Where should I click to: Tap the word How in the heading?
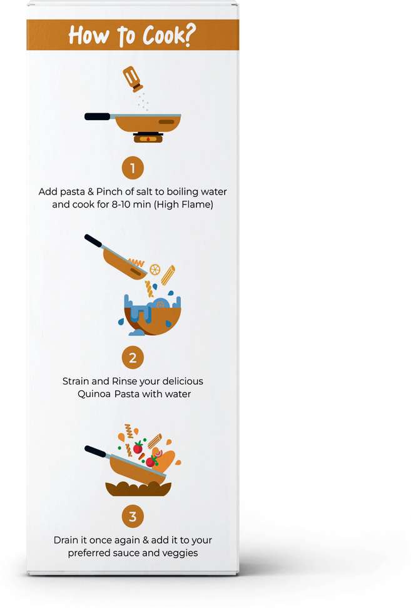coord(88,36)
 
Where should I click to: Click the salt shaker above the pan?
coord(133,79)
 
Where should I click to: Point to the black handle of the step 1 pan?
coord(98,116)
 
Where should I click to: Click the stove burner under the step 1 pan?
coord(148,138)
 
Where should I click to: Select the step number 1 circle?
coord(133,168)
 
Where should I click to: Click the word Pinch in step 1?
coord(109,191)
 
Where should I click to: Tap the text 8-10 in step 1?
coord(121,205)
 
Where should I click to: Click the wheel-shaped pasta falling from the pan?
coord(155,270)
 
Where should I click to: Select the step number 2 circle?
coord(133,358)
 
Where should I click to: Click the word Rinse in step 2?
coord(124,381)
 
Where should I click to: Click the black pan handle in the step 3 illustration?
coord(95,452)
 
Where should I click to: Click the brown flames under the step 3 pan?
coord(138,489)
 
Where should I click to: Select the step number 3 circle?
coord(133,517)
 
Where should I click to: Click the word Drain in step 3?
coord(65,540)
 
